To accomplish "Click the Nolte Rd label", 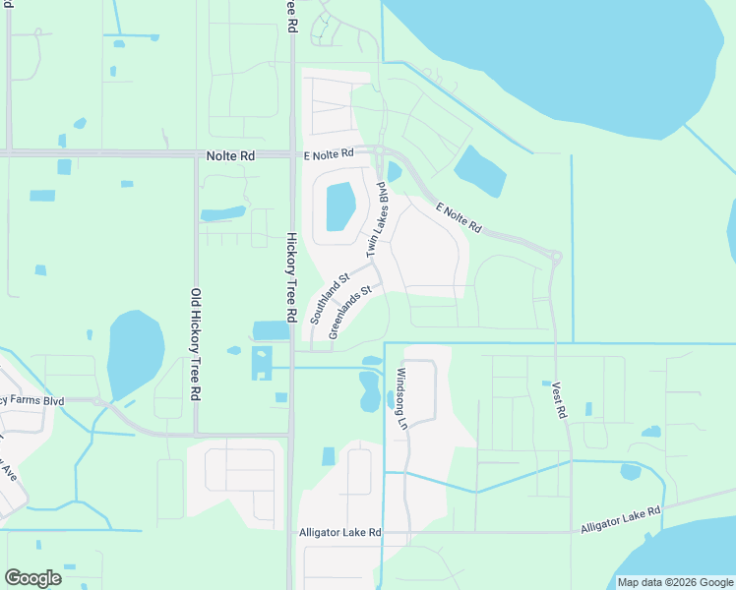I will [x=231, y=155].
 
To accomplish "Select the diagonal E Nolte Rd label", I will [x=459, y=218].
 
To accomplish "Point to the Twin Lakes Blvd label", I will [x=379, y=225].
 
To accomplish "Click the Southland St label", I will [x=330, y=300].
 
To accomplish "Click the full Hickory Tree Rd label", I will [x=291, y=277].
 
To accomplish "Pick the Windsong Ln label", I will [x=400, y=399].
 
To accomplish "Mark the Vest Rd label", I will [x=560, y=401].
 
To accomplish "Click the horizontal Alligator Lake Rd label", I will [x=339, y=533].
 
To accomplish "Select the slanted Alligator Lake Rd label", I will [x=620, y=521].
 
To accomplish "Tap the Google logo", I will [x=33, y=578].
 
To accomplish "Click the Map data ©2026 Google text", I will [x=674, y=582].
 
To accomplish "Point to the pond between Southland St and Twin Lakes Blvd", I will [x=339, y=206].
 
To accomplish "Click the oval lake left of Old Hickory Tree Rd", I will [x=134, y=354].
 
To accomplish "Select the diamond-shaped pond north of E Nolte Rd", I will [x=480, y=171].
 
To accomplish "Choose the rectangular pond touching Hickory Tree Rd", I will [x=272, y=330].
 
